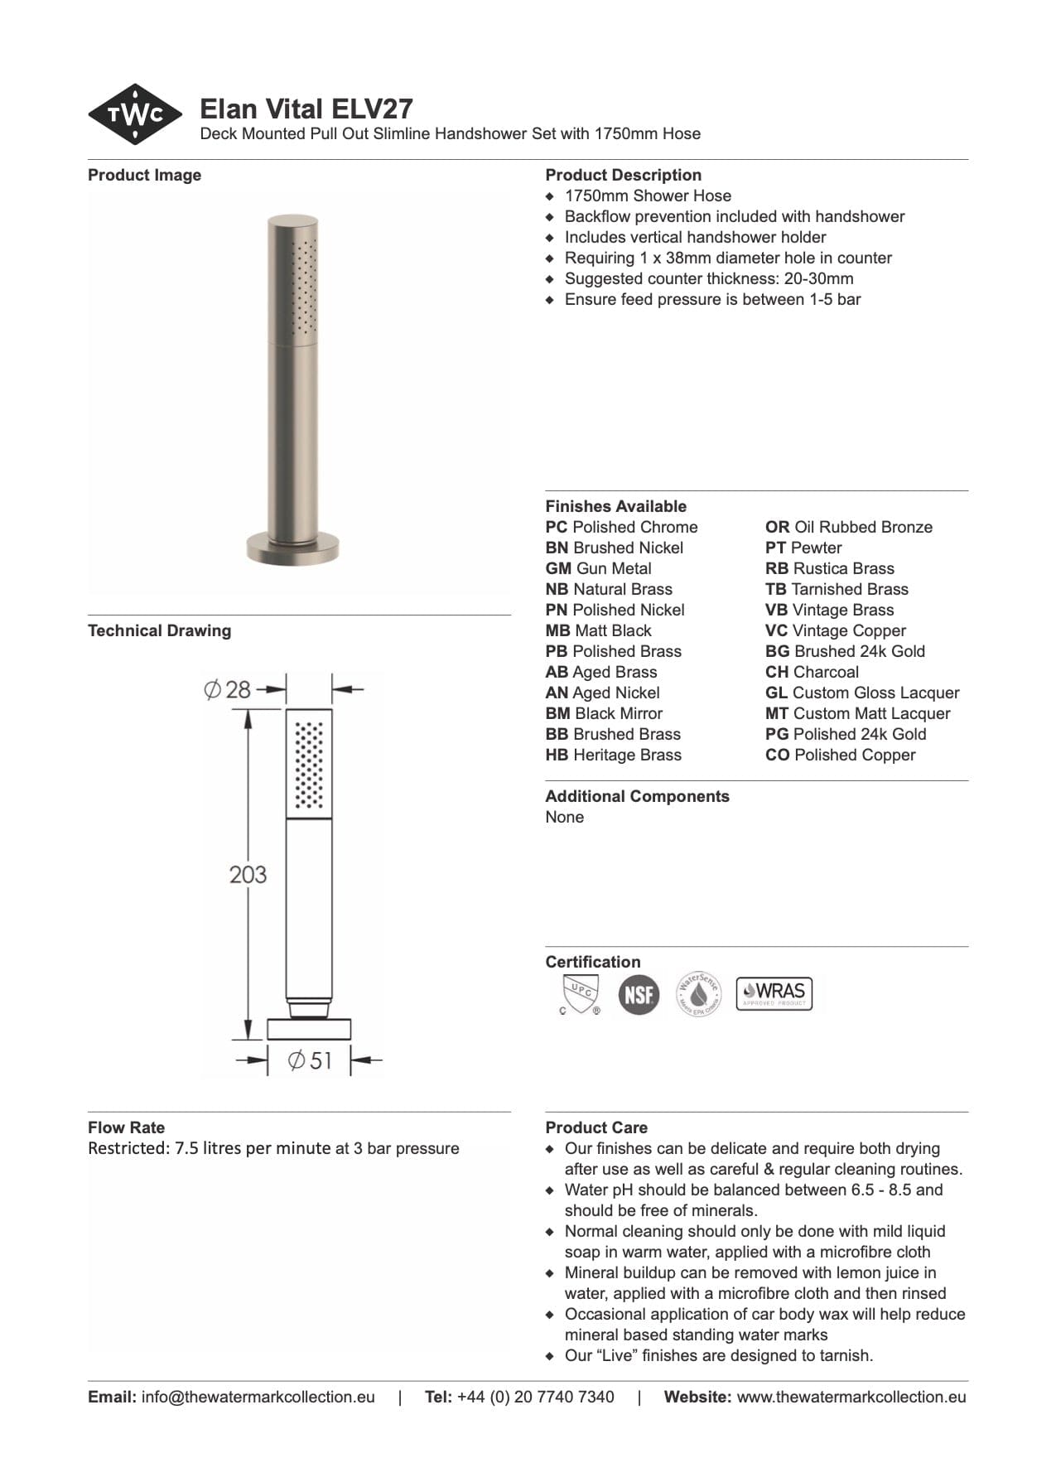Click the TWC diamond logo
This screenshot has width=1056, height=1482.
pos(135,114)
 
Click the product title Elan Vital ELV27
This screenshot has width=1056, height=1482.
pos(306,109)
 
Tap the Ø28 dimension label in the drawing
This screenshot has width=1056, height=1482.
pos(228,689)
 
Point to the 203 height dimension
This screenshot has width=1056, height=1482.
pos(248,874)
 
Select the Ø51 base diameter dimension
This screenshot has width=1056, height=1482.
pos(310,1060)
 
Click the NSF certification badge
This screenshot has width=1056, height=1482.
pos(639,993)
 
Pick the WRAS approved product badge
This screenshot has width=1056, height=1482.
pos(774,993)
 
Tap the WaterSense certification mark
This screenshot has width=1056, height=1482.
pos(699,993)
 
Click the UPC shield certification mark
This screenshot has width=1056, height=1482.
pos(580,993)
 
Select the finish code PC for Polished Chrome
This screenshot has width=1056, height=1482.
pos(557,528)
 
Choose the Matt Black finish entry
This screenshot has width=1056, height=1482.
pos(599,631)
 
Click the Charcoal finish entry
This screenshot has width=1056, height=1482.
pos(812,673)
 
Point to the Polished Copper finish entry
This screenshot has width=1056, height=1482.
pos(840,755)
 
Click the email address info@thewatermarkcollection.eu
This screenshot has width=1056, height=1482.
pos(258,1397)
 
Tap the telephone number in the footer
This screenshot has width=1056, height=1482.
pos(535,1397)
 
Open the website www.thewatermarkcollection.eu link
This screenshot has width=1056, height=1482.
pos(851,1397)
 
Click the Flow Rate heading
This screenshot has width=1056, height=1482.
pos(126,1127)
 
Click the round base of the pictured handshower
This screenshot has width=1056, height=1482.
pos(292,548)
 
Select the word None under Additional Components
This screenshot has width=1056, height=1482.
pos(564,818)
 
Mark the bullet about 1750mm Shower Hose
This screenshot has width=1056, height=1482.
pos(648,196)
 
